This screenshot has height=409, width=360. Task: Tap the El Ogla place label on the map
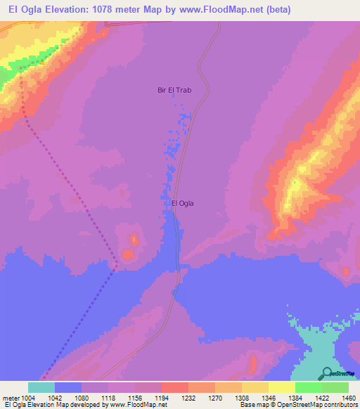pyautogui.click(x=182, y=204)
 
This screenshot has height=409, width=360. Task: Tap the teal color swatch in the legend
pyautogui.click(x=41, y=387)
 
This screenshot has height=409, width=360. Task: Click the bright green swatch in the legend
pyautogui.click(x=309, y=387)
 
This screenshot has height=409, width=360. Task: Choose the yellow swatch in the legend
pyautogui.click(x=282, y=387)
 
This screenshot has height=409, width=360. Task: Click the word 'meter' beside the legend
pyautogui.click(x=11, y=397)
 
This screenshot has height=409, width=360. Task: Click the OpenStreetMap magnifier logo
pyautogui.click(x=326, y=372)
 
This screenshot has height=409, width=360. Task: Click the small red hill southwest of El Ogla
pyautogui.click(x=129, y=252)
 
